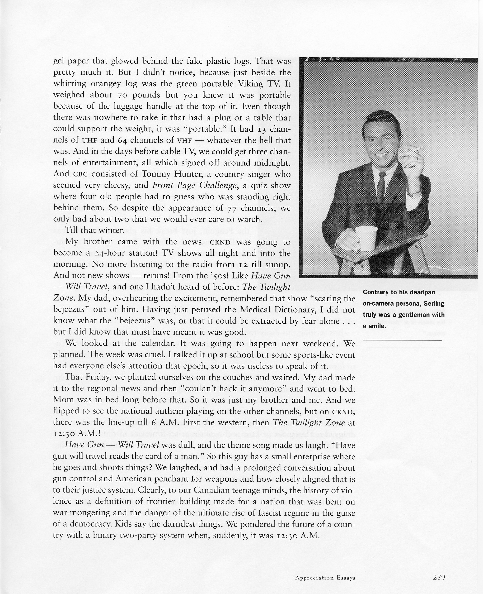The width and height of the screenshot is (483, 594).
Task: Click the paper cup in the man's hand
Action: pyautogui.click(x=366, y=237)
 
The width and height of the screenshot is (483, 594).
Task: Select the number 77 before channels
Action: pyautogui.click(x=232, y=208)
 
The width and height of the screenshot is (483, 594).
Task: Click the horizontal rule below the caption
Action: pyautogui.click(x=402, y=340)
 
